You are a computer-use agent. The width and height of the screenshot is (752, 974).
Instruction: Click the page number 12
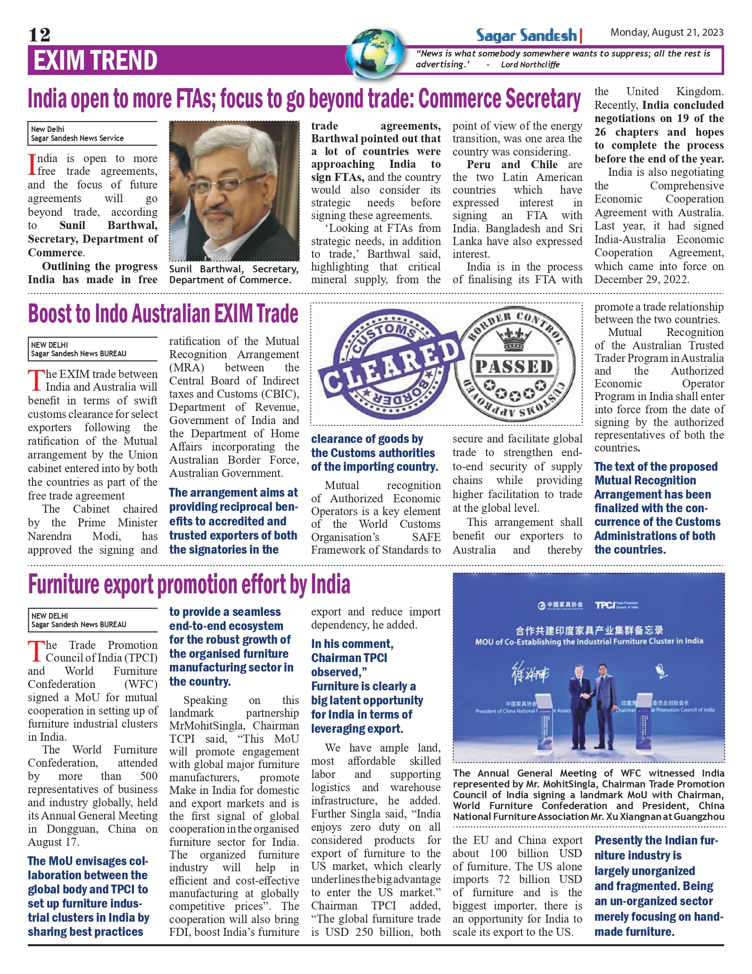[x=39, y=34]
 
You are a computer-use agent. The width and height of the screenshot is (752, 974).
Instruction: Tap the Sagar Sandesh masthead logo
[x=526, y=35]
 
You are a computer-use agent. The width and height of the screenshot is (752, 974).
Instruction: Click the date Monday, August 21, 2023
[x=667, y=33]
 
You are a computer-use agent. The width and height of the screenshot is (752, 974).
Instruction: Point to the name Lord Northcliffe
[x=530, y=65]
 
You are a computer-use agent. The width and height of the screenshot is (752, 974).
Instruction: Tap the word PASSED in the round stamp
[x=514, y=367]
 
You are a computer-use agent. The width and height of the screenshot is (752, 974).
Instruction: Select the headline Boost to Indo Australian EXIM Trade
[x=163, y=314]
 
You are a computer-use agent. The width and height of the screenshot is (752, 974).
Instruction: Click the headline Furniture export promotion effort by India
[x=189, y=584]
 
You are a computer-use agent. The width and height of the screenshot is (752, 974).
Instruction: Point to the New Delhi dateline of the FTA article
[x=48, y=129]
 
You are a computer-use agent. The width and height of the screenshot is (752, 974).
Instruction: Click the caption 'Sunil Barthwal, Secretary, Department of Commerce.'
[x=234, y=274]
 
